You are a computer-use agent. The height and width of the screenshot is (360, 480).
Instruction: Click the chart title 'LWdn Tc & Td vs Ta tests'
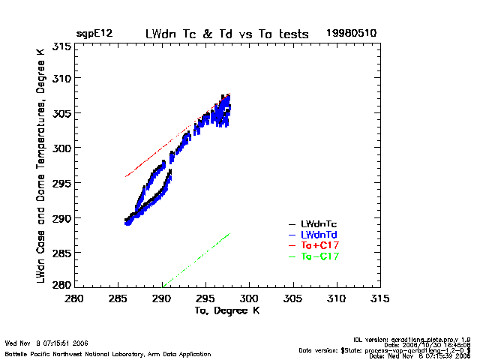point(224,34)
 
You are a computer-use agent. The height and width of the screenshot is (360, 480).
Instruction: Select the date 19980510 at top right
point(351,34)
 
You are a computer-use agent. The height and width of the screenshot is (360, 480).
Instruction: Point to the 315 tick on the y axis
point(62,46)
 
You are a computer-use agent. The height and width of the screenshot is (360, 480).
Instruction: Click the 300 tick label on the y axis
point(62,148)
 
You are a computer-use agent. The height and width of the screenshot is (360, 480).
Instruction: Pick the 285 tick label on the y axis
point(62,253)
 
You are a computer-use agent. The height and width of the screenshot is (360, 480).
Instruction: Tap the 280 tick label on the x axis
point(74,298)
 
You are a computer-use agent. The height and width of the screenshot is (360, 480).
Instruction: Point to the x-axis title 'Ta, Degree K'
point(226,310)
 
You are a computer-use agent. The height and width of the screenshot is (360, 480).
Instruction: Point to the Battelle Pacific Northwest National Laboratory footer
point(108,354)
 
